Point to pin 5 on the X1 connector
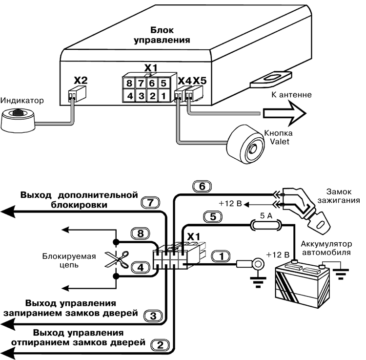[x=164, y=83]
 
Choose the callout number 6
[x=202, y=186]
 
